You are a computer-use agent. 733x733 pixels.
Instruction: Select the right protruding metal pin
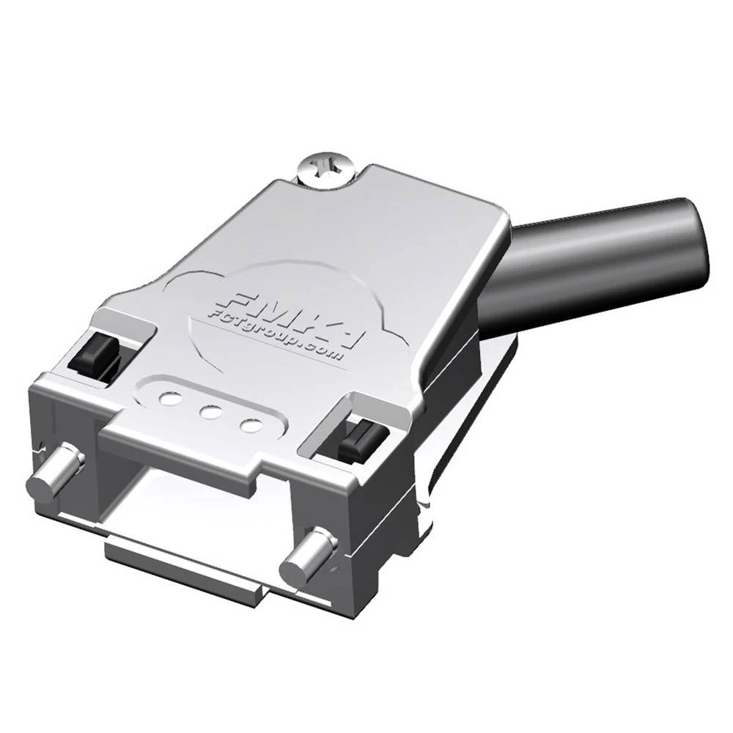pyautogui.click(x=308, y=557)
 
